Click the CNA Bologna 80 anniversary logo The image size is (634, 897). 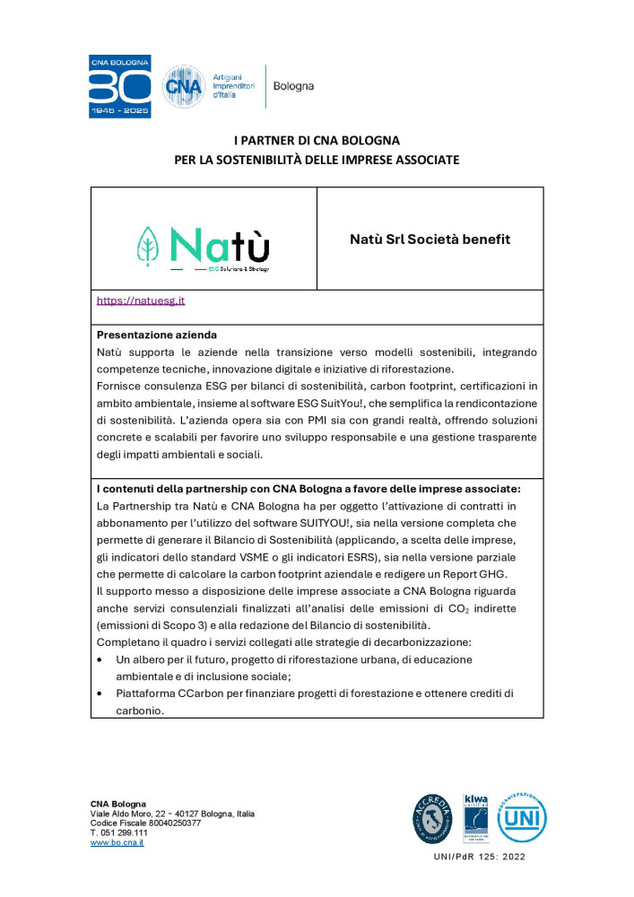tap(119, 86)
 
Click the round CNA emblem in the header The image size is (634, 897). tap(182, 87)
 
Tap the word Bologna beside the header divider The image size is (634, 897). tap(293, 86)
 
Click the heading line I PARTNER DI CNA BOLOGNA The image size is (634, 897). tap(317, 140)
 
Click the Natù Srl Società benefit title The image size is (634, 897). tap(430, 239)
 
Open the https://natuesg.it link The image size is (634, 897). tap(140, 300)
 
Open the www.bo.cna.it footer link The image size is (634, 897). tap(117, 843)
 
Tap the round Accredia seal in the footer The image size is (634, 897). tap(432, 818)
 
